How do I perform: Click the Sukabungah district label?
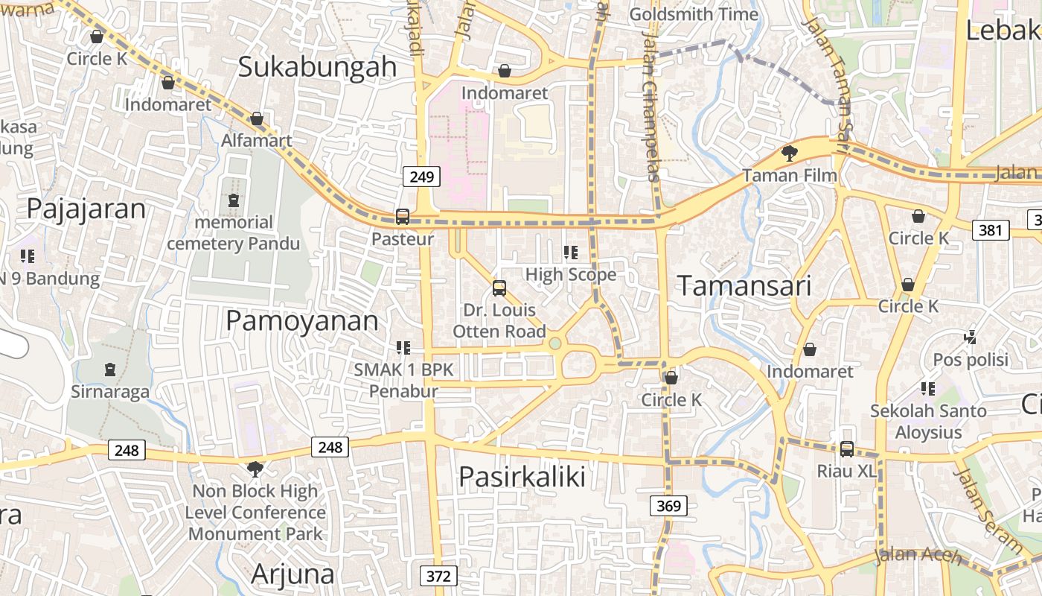point(317,66)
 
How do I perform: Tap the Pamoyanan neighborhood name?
point(302,321)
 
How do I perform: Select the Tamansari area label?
point(744,285)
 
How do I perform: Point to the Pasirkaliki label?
point(522,476)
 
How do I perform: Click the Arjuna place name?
point(293,574)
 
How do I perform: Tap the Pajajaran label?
point(86,209)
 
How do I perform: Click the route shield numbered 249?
point(422,177)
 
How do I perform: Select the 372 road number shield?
point(439,576)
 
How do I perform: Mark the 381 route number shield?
point(991,230)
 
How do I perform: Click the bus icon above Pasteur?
point(403,217)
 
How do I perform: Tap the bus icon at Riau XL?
point(847,449)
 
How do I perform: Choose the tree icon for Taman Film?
point(789,154)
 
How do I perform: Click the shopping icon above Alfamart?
point(257,118)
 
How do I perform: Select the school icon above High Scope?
point(571,253)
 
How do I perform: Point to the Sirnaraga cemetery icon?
point(110,370)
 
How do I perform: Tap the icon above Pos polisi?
point(971,337)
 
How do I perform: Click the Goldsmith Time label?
point(694,14)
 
